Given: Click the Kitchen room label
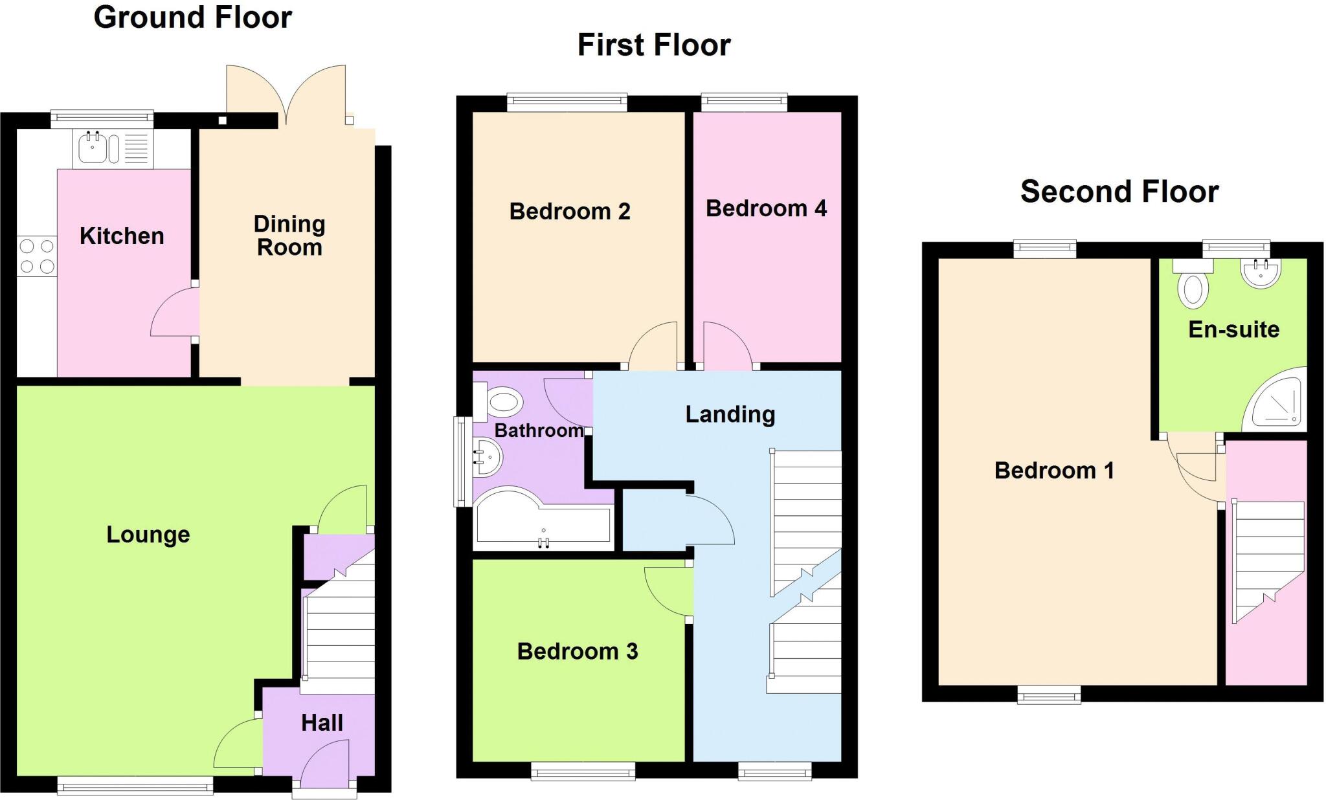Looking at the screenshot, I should pyautogui.click(x=122, y=236).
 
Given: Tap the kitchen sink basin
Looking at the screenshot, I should pyautogui.click(x=93, y=148).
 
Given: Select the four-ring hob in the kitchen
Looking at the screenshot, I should pyautogui.click(x=37, y=256).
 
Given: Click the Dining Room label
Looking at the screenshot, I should pyautogui.click(x=289, y=236).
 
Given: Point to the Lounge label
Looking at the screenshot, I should pyautogui.click(x=148, y=535).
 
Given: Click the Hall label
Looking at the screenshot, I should pyautogui.click(x=322, y=723).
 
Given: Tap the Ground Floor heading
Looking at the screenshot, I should pyautogui.click(x=193, y=17).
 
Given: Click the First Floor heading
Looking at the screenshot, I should pyautogui.click(x=654, y=45).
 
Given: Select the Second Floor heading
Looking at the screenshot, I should pyautogui.click(x=1119, y=192).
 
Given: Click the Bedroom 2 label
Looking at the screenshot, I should pyautogui.click(x=570, y=212).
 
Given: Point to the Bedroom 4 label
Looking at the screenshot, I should pyautogui.click(x=766, y=208).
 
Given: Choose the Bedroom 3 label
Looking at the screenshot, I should pyautogui.click(x=578, y=651).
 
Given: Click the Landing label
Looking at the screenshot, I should pyautogui.click(x=730, y=414).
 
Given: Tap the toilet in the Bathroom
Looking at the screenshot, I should pyautogui.click(x=503, y=403).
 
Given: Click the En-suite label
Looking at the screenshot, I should pyautogui.click(x=1234, y=330).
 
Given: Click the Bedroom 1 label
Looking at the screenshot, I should pyautogui.click(x=1054, y=471).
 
